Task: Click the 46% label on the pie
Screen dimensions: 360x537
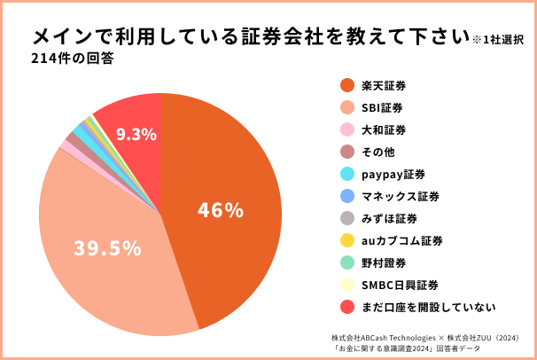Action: (221, 211)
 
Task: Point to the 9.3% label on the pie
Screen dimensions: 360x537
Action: (136, 135)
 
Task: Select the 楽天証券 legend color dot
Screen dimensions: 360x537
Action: (347, 86)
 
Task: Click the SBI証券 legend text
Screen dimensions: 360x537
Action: (382, 108)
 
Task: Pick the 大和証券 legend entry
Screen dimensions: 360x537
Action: (385, 130)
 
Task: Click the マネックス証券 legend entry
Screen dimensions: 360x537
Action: (401, 196)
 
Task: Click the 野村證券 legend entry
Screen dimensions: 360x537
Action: (385, 262)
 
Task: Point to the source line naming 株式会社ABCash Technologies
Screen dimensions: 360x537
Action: (430, 338)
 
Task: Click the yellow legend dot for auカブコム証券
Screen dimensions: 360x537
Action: (347, 240)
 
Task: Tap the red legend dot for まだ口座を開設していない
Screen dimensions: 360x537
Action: (347, 307)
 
